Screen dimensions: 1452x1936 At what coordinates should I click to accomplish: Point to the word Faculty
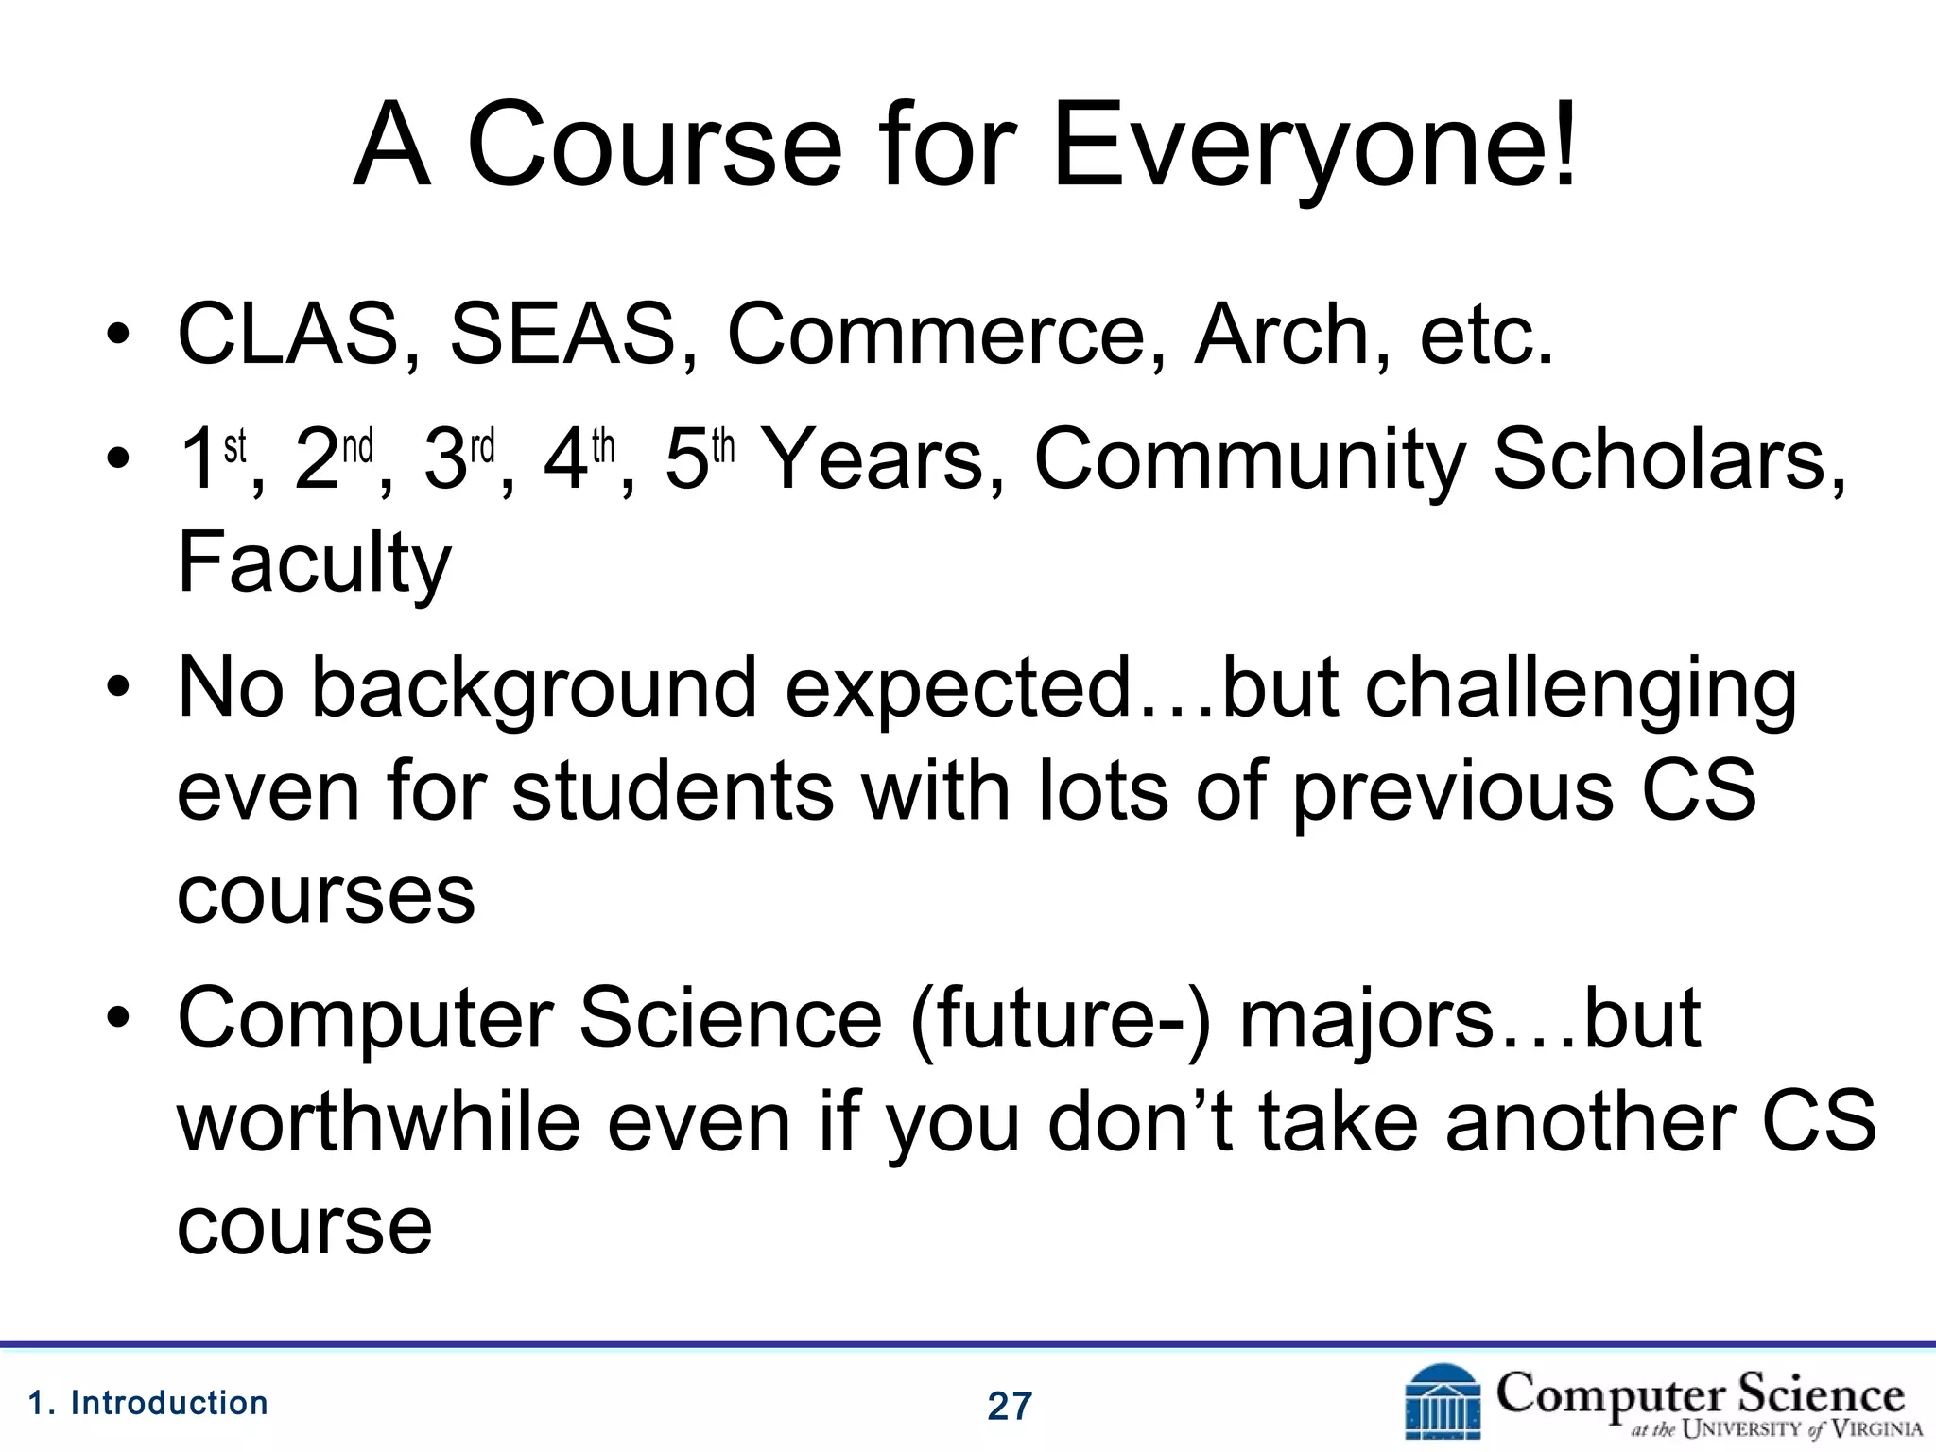point(314,564)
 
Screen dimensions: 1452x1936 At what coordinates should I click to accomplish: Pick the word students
point(673,790)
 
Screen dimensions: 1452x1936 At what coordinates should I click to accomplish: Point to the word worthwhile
point(378,1123)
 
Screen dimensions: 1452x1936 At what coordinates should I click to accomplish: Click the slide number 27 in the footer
point(1010,1407)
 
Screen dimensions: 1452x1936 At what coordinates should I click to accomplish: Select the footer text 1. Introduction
point(148,1403)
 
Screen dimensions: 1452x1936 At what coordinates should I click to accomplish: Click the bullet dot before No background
point(117,688)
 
